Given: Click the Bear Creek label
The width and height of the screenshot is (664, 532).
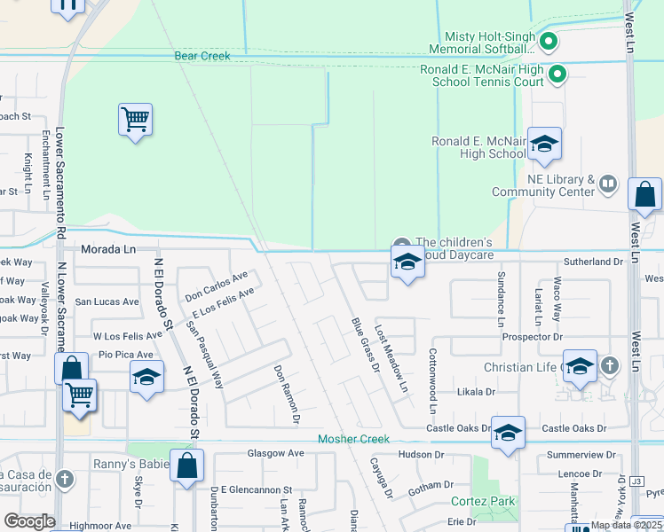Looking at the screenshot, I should (x=202, y=56).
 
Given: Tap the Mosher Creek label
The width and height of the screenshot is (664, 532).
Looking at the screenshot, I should (x=353, y=439).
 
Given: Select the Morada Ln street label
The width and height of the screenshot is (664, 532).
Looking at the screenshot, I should (x=108, y=250).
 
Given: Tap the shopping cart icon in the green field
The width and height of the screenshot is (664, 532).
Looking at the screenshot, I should (x=135, y=119).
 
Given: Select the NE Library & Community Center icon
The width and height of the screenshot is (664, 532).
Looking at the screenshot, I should (x=608, y=184).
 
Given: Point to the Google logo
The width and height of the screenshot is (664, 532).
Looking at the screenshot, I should (x=29, y=521).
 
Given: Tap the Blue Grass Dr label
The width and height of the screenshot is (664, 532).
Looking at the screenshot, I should (x=365, y=344).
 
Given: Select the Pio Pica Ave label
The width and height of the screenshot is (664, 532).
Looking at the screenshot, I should (x=125, y=355).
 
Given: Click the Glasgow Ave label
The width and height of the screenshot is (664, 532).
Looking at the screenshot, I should (x=275, y=453).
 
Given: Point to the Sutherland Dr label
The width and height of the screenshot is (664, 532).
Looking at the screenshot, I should (x=594, y=262).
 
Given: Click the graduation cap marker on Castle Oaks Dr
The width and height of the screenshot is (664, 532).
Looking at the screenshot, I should (x=507, y=433).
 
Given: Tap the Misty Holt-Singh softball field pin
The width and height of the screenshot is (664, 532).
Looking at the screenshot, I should (x=549, y=41).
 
